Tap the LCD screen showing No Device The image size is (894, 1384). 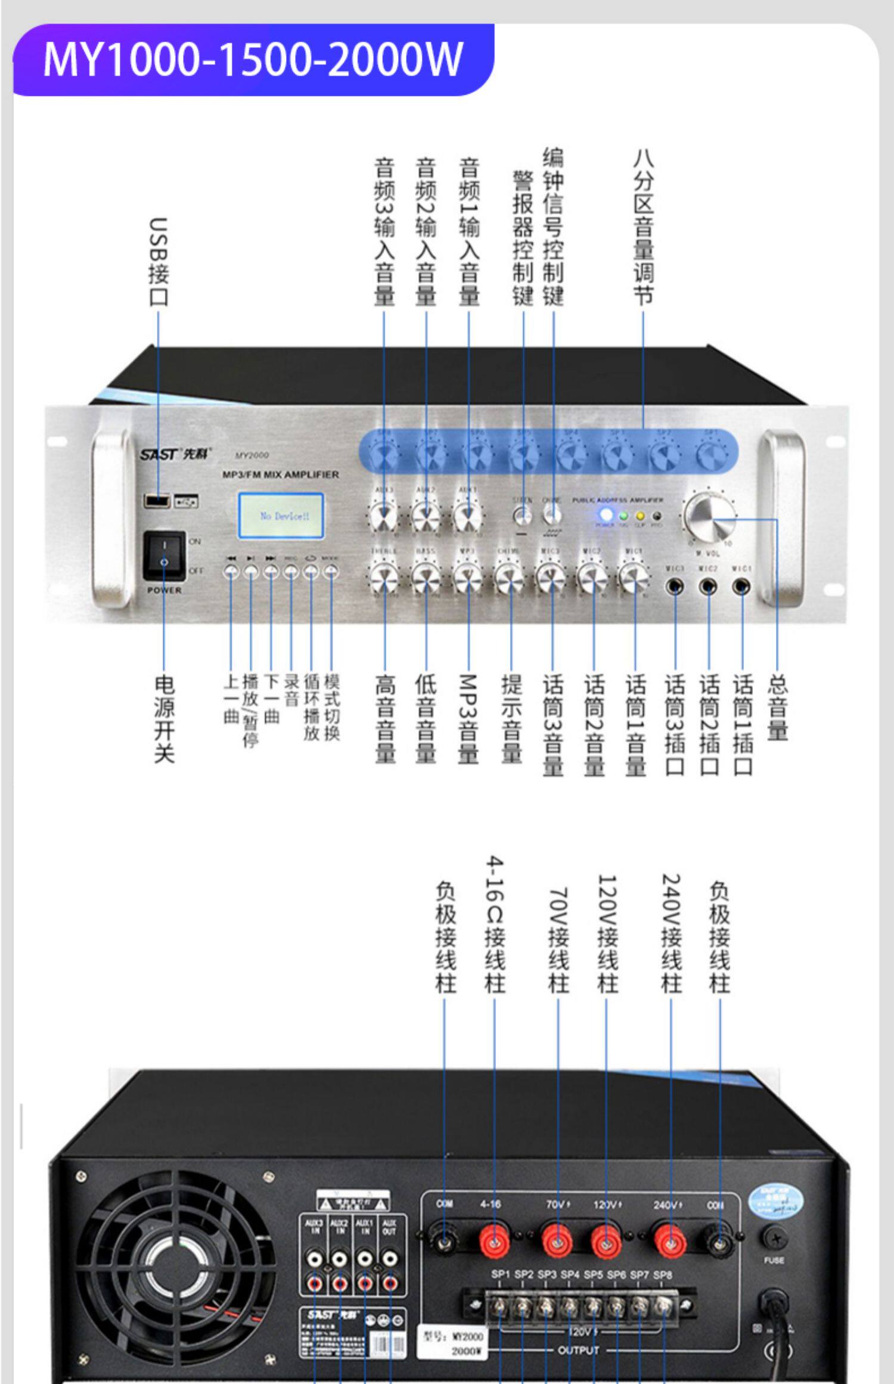281,516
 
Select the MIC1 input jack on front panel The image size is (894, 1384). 741,588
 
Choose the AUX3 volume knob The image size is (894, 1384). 384,516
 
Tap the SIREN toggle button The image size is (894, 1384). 523,514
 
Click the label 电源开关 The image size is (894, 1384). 164,718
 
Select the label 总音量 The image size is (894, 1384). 777,707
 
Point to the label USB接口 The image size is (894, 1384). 159,262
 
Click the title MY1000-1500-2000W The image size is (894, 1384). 253,60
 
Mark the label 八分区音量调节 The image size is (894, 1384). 644,227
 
